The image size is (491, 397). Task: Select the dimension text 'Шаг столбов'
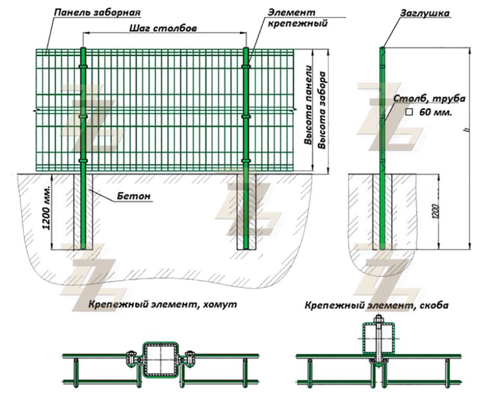[x=162, y=29]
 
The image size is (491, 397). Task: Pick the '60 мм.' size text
[x=436, y=112]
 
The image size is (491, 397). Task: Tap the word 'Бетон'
[x=138, y=196]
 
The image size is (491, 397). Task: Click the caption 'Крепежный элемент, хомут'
[x=162, y=305]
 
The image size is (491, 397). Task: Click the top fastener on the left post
[x=83, y=67]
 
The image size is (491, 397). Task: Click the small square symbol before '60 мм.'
[x=410, y=112]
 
